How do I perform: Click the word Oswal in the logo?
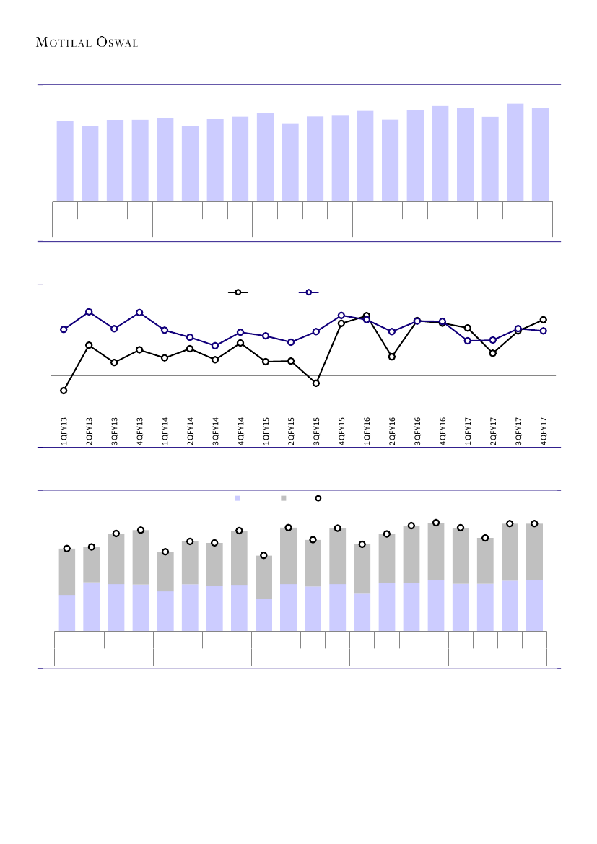tap(116, 42)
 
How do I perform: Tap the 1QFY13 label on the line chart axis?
tap(64, 430)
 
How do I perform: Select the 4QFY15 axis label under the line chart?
tap(341, 430)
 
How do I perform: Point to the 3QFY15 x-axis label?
tap(316, 430)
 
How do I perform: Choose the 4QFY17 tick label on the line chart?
tap(544, 430)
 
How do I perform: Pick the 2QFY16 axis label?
tap(392, 430)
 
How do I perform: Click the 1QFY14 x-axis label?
tap(165, 430)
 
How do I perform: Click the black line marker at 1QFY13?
tap(64, 391)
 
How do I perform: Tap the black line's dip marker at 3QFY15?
tap(316, 383)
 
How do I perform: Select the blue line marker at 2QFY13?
tap(89, 312)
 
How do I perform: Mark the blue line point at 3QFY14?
tap(215, 346)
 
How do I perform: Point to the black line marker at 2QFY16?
tap(392, 357)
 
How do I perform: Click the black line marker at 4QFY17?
tap(544, 319)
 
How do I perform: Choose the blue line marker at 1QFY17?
tap(468, 341)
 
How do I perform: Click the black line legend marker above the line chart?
tap(238, 292)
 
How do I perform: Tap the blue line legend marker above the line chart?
tap(309, 292)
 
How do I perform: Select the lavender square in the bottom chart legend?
tap(237, 498)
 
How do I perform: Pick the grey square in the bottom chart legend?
tap(284, 498)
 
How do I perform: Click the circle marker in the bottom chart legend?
tap(318, 498)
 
